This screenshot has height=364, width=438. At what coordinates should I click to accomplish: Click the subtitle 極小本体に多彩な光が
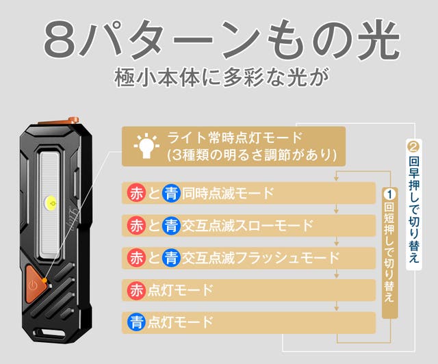click(221, 77)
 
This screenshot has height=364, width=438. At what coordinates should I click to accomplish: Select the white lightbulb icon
click(146, 146)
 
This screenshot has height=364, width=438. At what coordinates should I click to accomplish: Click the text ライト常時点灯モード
click(235, 138)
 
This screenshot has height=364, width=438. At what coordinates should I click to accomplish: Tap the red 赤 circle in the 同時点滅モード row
click(136, 194)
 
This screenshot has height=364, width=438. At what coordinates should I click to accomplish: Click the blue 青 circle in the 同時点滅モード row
click(171, 194)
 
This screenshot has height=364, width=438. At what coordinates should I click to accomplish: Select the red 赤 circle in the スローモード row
click(136, 226)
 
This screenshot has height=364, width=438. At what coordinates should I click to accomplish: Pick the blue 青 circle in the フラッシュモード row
click(171, 258)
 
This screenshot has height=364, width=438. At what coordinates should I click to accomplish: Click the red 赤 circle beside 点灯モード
click(136, 290)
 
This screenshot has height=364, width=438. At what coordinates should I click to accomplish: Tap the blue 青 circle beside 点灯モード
click(136, 322)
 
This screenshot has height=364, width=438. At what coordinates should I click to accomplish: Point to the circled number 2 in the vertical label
click(413, 146)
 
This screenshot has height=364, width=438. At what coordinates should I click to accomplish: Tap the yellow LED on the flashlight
click(51, 203)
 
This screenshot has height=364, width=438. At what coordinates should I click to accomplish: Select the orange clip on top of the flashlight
click(60, 122)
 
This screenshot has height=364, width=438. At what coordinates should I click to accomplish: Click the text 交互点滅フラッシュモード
click(261, 258)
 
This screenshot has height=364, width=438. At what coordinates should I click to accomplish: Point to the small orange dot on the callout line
click(44, 280)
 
